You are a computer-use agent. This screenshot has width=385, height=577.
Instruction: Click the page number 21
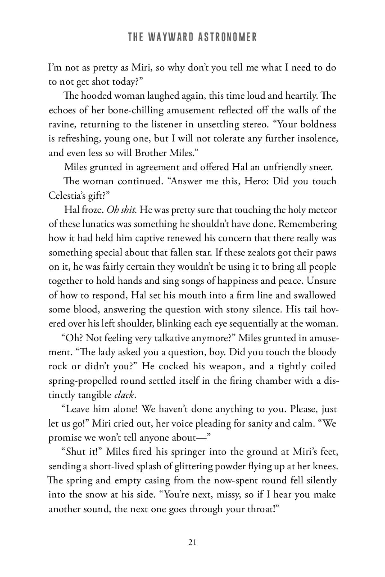click(193, 542)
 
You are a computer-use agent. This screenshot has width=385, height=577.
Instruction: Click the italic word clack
click(124, 395)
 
